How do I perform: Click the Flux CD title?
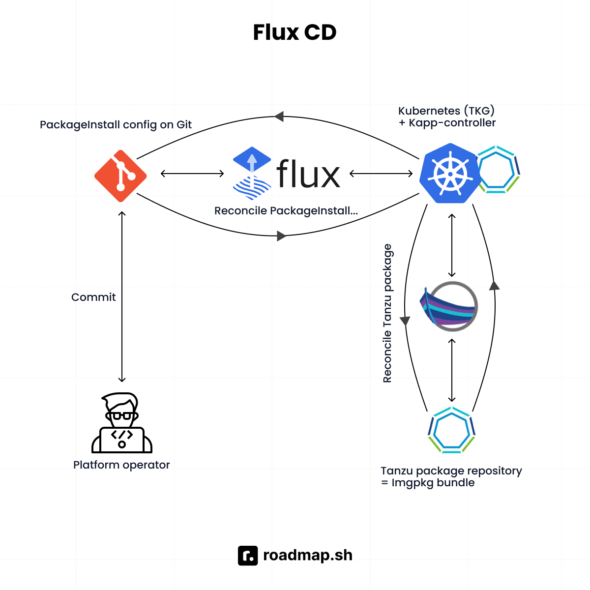click(x=295, y=32)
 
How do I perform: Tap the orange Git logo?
click(x=120, y=176)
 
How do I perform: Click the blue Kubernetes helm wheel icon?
click(x=449, y=174)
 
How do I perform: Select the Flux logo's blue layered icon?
click(x=252, y=173)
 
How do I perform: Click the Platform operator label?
click(x=121, y=465)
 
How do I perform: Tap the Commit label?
click(x=93, y=297)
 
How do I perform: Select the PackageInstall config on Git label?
click(x=116, y=125)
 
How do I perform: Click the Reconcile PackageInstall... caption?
click(x=286, y=211)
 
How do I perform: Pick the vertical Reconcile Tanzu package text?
click(x=387, y=313)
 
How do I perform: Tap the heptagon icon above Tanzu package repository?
click(x=452, y=430)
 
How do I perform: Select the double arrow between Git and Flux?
click(x=192, y=174)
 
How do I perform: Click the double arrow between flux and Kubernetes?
click(x=381, y=174)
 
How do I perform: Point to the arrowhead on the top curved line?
click(x=279, y=117)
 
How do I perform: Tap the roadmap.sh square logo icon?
click(x=248, y=556)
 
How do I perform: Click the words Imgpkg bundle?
click(x=433, y=483)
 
